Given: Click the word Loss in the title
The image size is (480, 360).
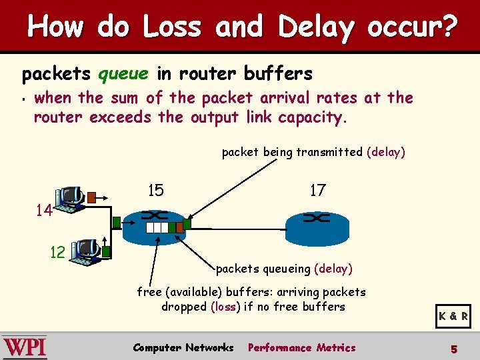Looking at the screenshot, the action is coord(171,28).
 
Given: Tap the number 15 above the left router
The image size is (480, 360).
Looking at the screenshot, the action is coord(155,191).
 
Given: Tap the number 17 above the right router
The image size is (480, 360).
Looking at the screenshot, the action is coord(318,191).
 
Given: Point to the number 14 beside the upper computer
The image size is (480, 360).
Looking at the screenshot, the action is coord(45,211).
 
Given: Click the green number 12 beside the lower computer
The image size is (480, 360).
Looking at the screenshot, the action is coord(58,252).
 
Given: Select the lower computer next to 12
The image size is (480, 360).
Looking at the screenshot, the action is coord(87,252).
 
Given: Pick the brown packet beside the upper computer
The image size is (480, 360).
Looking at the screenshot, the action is coord(91,197).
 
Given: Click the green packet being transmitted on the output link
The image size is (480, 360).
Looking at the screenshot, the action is coord(187,224).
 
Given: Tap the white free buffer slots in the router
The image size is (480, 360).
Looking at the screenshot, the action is coord(157,227).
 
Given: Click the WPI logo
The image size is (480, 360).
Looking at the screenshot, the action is coord(25,348).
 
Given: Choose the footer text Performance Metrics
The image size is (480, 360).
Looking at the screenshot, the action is coord(302,347).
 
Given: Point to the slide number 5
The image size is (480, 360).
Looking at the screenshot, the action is coord(454,348).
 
